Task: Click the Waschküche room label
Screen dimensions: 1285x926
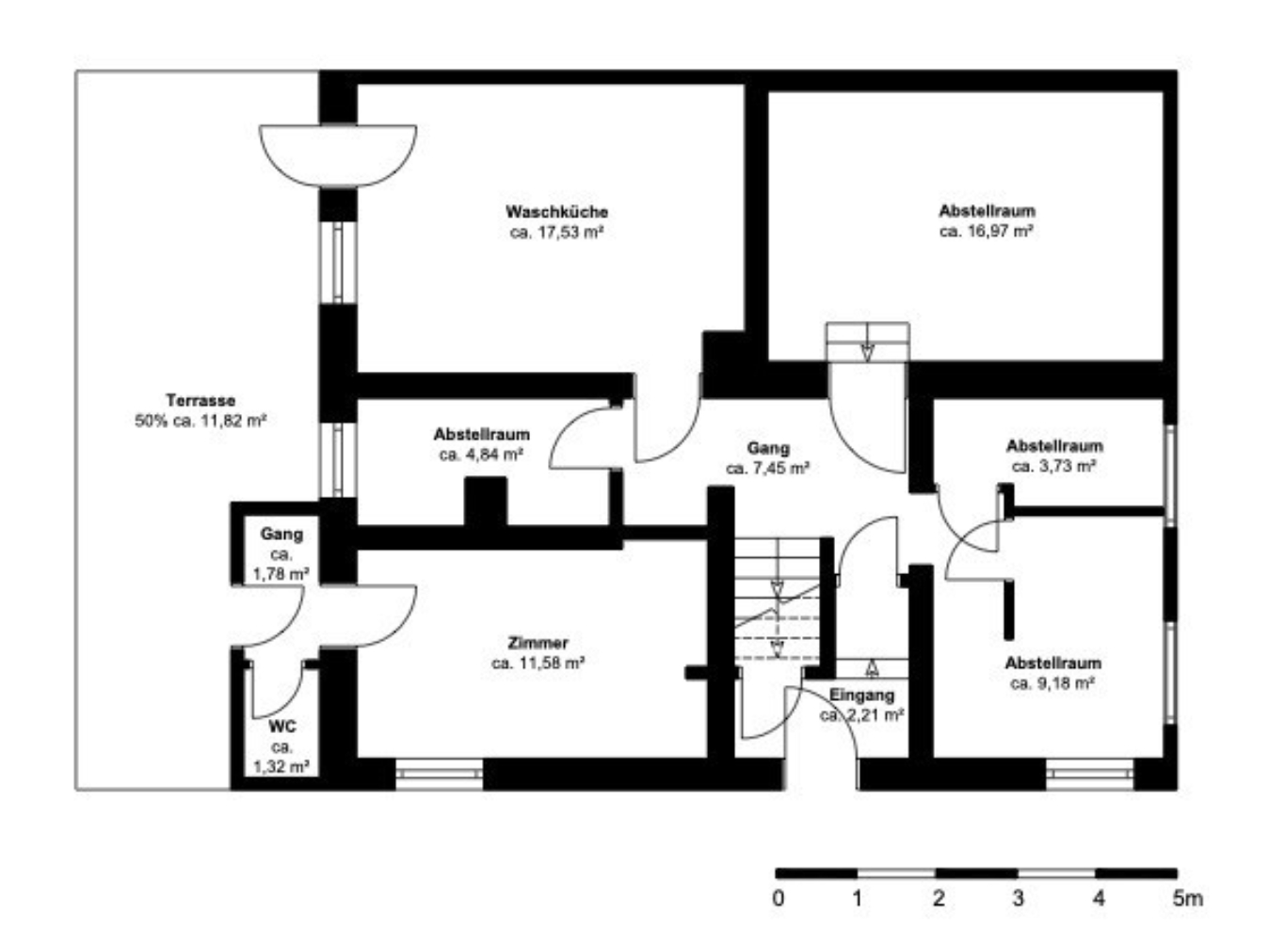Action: (556, 212)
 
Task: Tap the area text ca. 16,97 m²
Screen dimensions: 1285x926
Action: (987, 231)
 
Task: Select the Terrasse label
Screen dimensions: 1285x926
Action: (201, 400)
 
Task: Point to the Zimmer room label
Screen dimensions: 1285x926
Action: (538, 643)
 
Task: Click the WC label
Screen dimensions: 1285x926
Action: (282, 726)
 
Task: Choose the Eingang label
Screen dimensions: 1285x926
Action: (861, 694)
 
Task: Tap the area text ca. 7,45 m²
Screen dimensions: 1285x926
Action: (767, 469)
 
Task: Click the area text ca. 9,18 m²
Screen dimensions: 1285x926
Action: (1052, 683)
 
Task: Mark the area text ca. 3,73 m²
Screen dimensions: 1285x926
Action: (1054, 466)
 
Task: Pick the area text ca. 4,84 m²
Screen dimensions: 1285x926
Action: (481, 455)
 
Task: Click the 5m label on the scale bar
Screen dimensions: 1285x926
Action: (1187, 898)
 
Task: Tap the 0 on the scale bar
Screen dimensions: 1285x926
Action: (778, 898)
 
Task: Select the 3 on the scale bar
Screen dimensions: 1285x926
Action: (1018, 898)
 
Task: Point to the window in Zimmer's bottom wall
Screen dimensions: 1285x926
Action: (439, 774)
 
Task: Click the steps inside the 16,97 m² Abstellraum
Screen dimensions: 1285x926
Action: (867, 343)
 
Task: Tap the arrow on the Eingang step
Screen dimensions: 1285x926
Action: (872, 668)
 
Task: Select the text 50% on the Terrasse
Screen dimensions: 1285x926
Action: (151, 421)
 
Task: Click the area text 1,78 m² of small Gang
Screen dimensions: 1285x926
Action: (281, 573)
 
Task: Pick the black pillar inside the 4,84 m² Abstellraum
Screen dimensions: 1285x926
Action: (486, 501)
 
